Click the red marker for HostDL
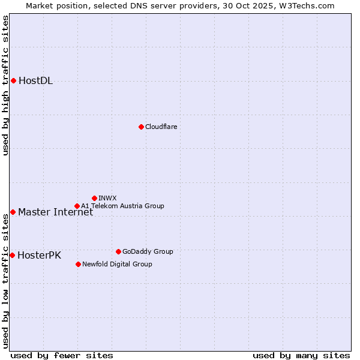pyautogui.click(x=13, y=80)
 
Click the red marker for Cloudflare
pyautogui.click(x=141, y=127)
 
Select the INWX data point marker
pyautogui.click(x=94, y=198)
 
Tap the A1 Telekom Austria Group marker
pyautogui.click(x=77, y=206)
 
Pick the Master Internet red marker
pyautogui.click(x=13, y=212)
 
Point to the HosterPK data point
pyautogui.click(x=12, y=255)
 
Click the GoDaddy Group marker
pyautogui.click(x=118, y=251)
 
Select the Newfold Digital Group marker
pyautogui.click(x=78, y=264)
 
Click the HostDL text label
pyautogui.click(x=35, y=81)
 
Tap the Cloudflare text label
pyautogui.click(x=161, y=127)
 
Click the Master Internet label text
pyautogui.click(x=55, y=212)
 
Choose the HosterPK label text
pyautogui.click(x=39, y=255)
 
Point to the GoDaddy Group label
pyautogui.click(x=148, y=251)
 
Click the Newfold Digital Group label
pyautogui.click(x=117, y=264)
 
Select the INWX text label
pyautogui.click(x=107, y=198)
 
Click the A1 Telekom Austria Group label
pyautogui.click(x=122, y=206)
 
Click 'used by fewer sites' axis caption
pyautogui.click(x=62, y=355)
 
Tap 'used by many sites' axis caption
pyautogui.click(x=301, y=355)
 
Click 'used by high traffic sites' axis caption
pyautogui.click(x=5, y=85)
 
